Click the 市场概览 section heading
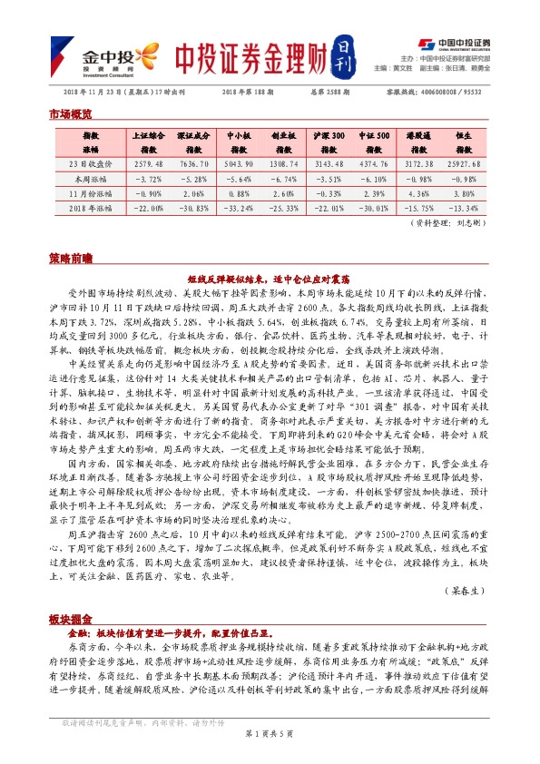tap(69, 113)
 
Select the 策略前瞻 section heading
tap(69, 259)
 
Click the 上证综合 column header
tap(146, 140)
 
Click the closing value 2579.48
tap(147, 164)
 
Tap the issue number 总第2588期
tap(324, 92)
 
